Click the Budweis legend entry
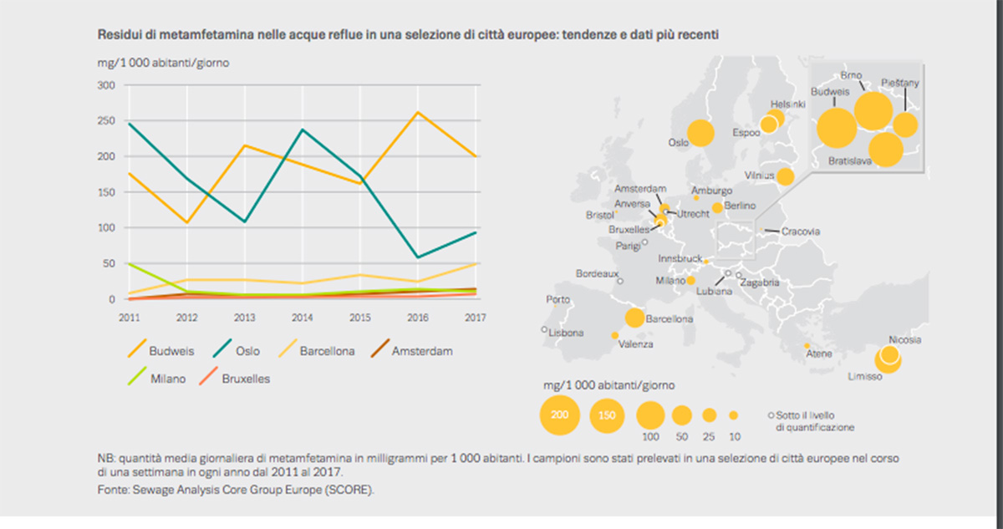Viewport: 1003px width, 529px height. (x=159, y=351)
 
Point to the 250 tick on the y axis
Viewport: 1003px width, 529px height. (x=106, y=120)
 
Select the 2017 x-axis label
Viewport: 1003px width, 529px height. (x=474, y=317)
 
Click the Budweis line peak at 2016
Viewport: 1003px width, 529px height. (x=417, y=113)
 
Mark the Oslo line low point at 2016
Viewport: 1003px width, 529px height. (x=417, y=257)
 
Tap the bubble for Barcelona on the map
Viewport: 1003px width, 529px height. (x=634, y=318)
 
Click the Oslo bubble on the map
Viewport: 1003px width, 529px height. (x=700, y=133)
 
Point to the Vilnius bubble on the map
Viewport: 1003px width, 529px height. (x=785, y=176)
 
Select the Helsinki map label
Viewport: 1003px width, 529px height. (x=787, y=104)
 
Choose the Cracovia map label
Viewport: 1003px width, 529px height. (x=800, y=231)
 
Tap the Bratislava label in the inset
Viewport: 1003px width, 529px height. (x=852, y=160)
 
